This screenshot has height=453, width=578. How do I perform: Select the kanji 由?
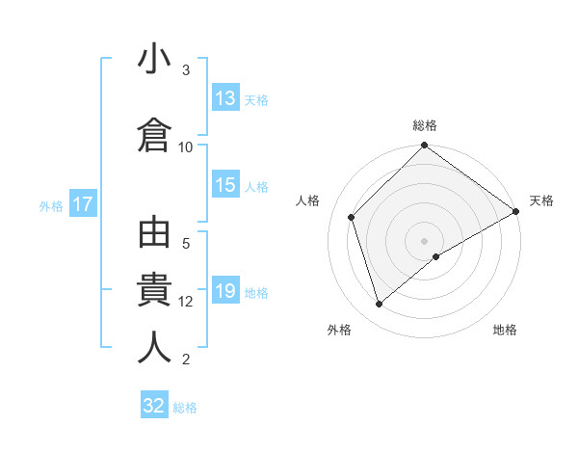click(x=155, y=235)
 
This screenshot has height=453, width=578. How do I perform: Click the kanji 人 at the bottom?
click(x=155, y=347)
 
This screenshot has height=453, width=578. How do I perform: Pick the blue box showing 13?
click(x=226, y=98)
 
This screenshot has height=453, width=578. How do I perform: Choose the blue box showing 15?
click(x=226, y=185)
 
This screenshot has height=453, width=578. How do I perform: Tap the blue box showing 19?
click(x=226, y=292)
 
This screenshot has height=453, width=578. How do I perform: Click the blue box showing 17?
click(x=83, y=204)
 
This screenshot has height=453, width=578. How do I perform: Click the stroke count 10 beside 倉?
click(x=186, y=147)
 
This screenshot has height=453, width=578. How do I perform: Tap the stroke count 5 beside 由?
click(x=186, y=244)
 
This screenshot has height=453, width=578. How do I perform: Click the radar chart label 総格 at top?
click(x=424, y=125)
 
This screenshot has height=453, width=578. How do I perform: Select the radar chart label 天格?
click(x=541, y=200)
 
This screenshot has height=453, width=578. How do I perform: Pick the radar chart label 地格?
click(x=505, y=330)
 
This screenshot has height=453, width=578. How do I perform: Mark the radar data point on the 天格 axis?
click(x=516, y=211)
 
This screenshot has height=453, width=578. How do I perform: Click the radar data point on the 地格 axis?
click(x=436, y=256)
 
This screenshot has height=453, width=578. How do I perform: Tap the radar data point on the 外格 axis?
click(x=379, y=305)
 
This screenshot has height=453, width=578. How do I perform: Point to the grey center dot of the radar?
click(x=424, y=240)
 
